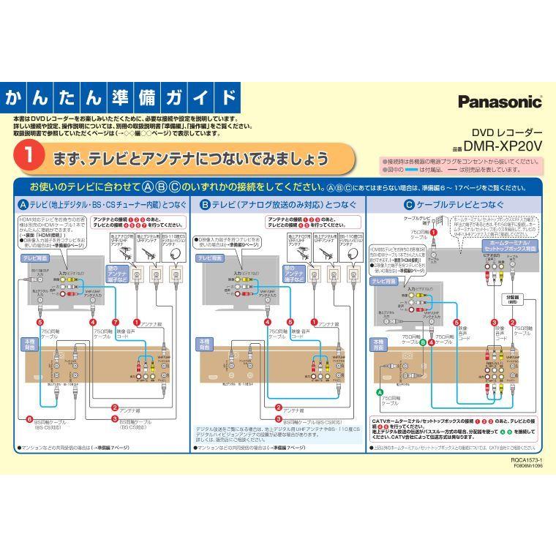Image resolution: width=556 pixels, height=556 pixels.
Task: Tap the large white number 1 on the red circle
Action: [x=28, y=157]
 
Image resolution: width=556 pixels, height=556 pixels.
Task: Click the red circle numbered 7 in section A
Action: [x=115, y=322]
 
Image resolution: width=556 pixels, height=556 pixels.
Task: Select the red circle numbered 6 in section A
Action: [x=29, y=419]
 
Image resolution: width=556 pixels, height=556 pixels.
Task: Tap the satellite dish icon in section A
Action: [x=173, y=251]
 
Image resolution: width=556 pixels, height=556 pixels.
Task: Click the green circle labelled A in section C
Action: [x=380, y=393]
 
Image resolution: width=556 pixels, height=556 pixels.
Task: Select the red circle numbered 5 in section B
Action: [x=290, y=322]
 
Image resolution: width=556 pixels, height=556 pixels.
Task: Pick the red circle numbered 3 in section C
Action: [x=494, y=322]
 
